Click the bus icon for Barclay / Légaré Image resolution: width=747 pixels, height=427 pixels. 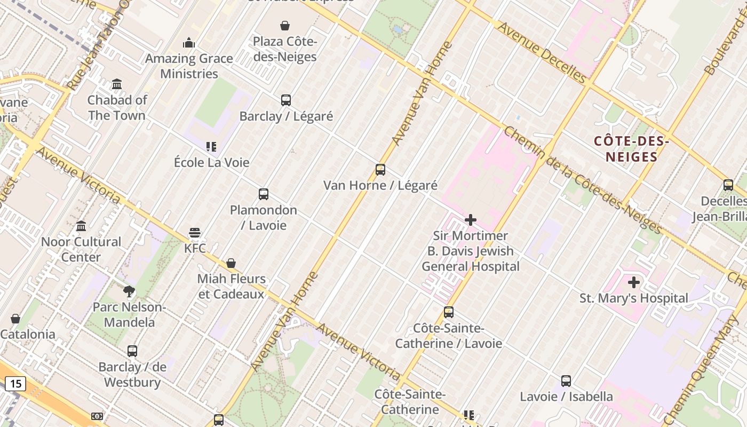click(286, 100)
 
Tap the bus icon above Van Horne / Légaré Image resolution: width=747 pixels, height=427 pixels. click(380, 170)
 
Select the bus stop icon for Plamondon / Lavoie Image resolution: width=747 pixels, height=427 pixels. click(264, 194)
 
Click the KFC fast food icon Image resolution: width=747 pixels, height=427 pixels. click(195, 233)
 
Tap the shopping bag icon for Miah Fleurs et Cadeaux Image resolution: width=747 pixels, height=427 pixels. click(231, 263)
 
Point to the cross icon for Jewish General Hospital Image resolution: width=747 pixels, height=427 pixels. click(471, 220)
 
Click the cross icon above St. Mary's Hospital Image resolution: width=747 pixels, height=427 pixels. click(634, 282)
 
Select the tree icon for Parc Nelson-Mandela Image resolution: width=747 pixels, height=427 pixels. click(129, 291)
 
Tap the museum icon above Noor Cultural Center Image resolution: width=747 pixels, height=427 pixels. click(81, 226)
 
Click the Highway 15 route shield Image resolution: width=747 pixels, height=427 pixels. click(15, 383)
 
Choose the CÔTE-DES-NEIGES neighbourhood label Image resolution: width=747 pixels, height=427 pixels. click(632, 149)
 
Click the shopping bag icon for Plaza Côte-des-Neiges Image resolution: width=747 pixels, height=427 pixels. click(285, 26)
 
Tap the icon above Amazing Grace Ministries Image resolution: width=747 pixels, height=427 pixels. click(189, 43)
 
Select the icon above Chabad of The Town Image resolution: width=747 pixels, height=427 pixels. click(117, 84)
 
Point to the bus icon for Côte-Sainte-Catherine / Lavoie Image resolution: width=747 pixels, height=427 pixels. click(449, 312)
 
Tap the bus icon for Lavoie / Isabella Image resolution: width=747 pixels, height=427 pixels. click(566, 381)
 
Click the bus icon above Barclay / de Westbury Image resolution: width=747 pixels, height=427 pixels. click(132, 351)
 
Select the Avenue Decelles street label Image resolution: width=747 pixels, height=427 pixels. click(542, 52)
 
